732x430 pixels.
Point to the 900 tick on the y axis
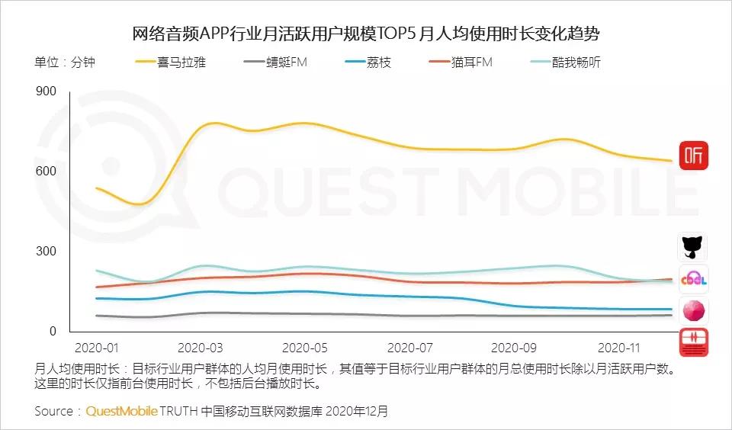click(x=47, y=91)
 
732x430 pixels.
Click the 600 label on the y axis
click(x=47, y=171)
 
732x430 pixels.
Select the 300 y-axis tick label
click(x=47, y=251)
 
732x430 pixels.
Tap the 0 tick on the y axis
click(x=53, y=331)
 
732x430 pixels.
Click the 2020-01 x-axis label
click(x=97, y=348)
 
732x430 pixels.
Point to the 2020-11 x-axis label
click(x=618, y=348)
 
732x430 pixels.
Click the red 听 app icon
click(x=693, y=156)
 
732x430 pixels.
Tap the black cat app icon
click(x=693, y=247)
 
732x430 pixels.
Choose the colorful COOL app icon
click(x=693, y=279)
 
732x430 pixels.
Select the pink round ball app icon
click(x=693, y=310)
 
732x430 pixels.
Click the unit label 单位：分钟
click(x=65, y=62)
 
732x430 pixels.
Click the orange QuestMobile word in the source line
click(x=121, y=411)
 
